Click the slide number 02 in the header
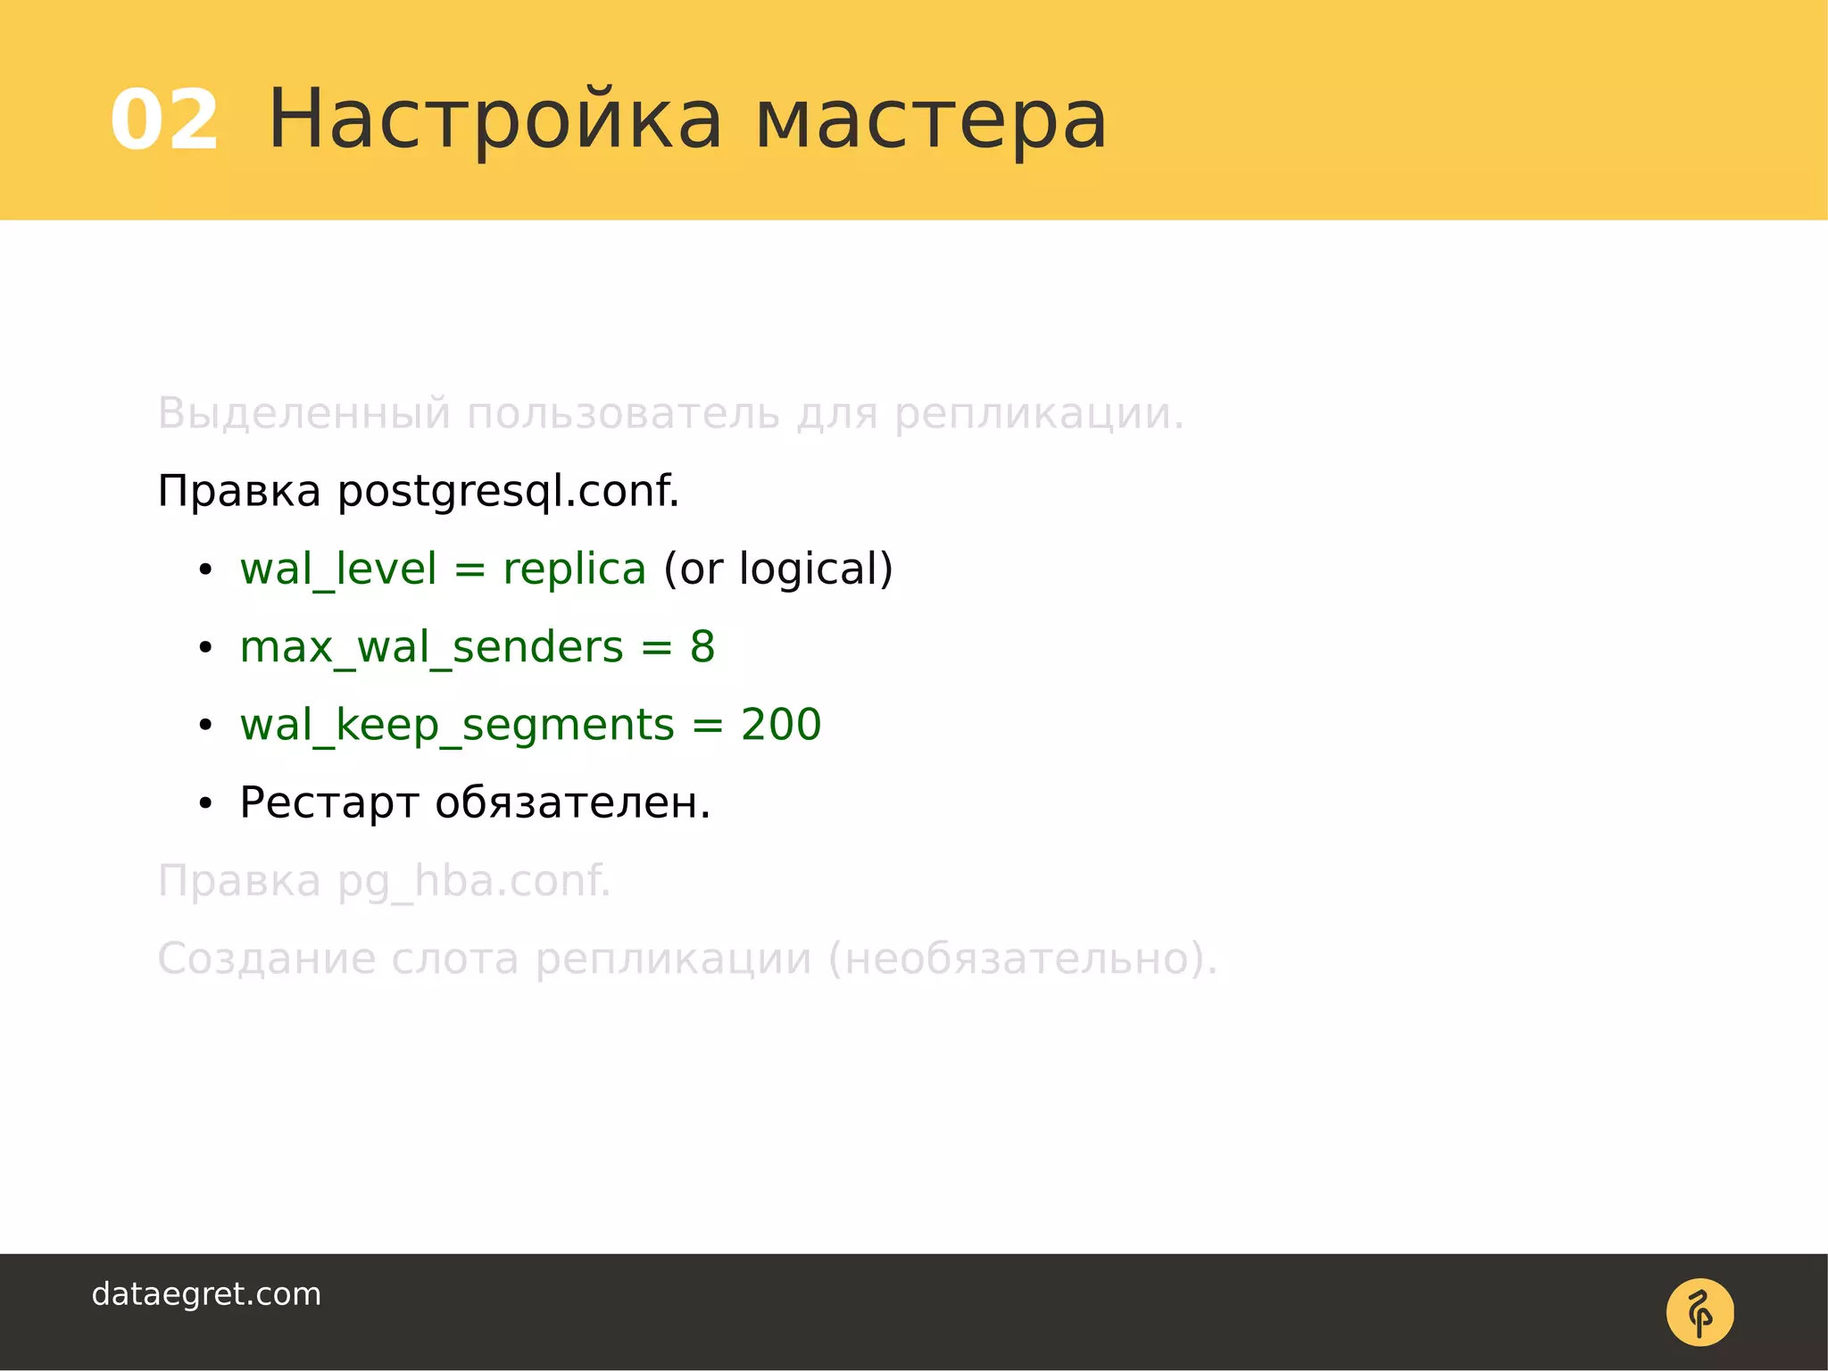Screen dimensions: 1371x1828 [164, 120]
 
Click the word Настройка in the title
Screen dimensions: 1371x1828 [495, 120]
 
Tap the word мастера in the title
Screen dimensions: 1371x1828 [931, 120]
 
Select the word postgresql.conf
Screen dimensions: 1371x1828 [508, 492]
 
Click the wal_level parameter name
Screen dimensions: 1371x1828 [338, 569]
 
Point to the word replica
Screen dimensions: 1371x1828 [574, 569]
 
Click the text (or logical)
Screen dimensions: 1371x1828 [777, 569]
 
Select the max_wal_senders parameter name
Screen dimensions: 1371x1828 [431, 647]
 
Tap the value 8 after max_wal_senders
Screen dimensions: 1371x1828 [702, 647]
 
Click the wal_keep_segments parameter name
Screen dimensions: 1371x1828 [457, 725]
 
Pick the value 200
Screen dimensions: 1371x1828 [781, 725]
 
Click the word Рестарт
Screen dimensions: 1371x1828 [328, 802]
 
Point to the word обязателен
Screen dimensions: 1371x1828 [572, 802]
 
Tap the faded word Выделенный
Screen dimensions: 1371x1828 [303, 413]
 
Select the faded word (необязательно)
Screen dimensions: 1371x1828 [1023, 959]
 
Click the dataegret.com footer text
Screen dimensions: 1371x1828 [206, 1294]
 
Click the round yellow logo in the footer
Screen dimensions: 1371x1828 [1699, 1312]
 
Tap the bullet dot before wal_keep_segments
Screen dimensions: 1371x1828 [205, 726]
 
